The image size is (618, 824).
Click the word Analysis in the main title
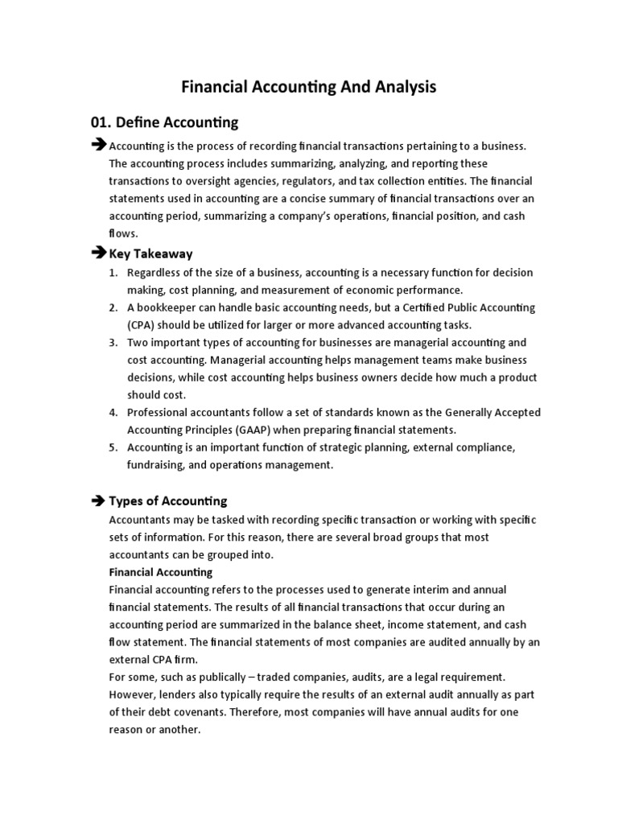pos(396,87)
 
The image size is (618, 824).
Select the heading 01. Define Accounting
pos(165,122)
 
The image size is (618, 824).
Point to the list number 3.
pos(113,342)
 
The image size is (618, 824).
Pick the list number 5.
pos(113,447)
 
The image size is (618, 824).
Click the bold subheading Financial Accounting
pos(160,572)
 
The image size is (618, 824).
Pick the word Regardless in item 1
pos(156,273)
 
